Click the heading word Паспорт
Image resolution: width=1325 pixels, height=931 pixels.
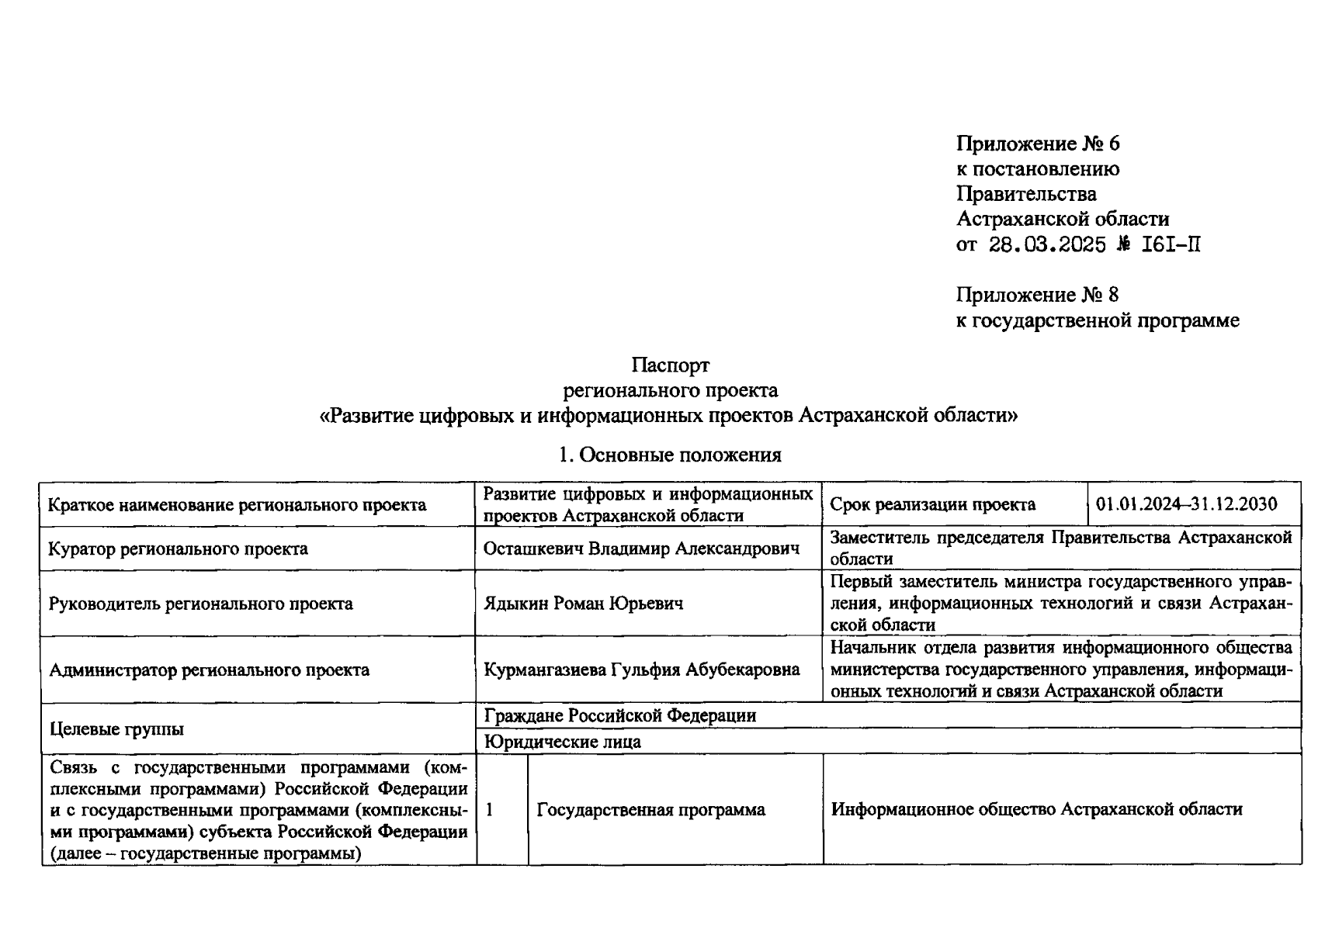pos(670,365)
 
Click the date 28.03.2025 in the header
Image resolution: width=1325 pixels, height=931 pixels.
pos(1047,245)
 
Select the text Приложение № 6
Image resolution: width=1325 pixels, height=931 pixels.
pos(1038,144)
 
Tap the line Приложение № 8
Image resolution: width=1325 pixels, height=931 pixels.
pos(1037,295)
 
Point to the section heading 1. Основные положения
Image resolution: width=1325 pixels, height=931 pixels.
pos(670,455)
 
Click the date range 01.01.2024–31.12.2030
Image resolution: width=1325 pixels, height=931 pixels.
pos(1187,504)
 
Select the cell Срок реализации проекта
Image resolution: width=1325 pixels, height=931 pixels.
pos(932,504)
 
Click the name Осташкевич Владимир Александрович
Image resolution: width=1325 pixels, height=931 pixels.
pos(641,549)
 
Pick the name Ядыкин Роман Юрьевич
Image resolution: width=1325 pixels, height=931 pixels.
pos(583,604)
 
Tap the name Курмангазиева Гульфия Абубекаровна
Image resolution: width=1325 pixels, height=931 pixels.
pos(641,670)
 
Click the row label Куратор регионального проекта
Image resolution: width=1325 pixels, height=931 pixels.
pos(178,549)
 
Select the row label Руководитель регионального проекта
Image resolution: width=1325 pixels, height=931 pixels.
pos(200,604)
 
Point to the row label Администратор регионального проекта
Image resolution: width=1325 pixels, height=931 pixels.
pos(209,670)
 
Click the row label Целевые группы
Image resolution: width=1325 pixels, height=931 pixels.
pos(116,729)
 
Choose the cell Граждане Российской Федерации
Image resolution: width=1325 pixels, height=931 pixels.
pos(619,715)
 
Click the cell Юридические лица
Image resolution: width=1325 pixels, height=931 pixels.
pos(562,742)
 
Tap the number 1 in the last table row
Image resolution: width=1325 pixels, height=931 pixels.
pos(490,809)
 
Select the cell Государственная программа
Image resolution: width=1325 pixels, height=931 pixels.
pos(650,810)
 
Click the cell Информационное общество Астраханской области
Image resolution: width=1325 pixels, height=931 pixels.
pos(1036,809)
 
